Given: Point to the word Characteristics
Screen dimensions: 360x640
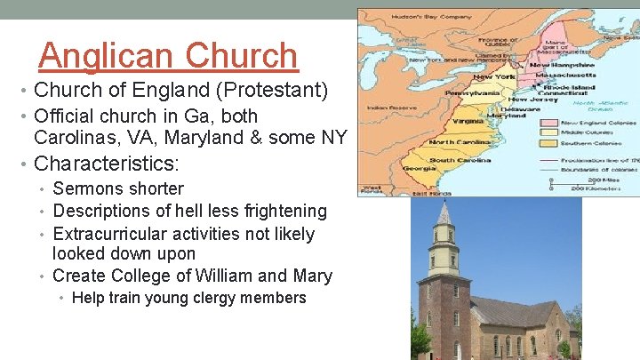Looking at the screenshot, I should point(106,164).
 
